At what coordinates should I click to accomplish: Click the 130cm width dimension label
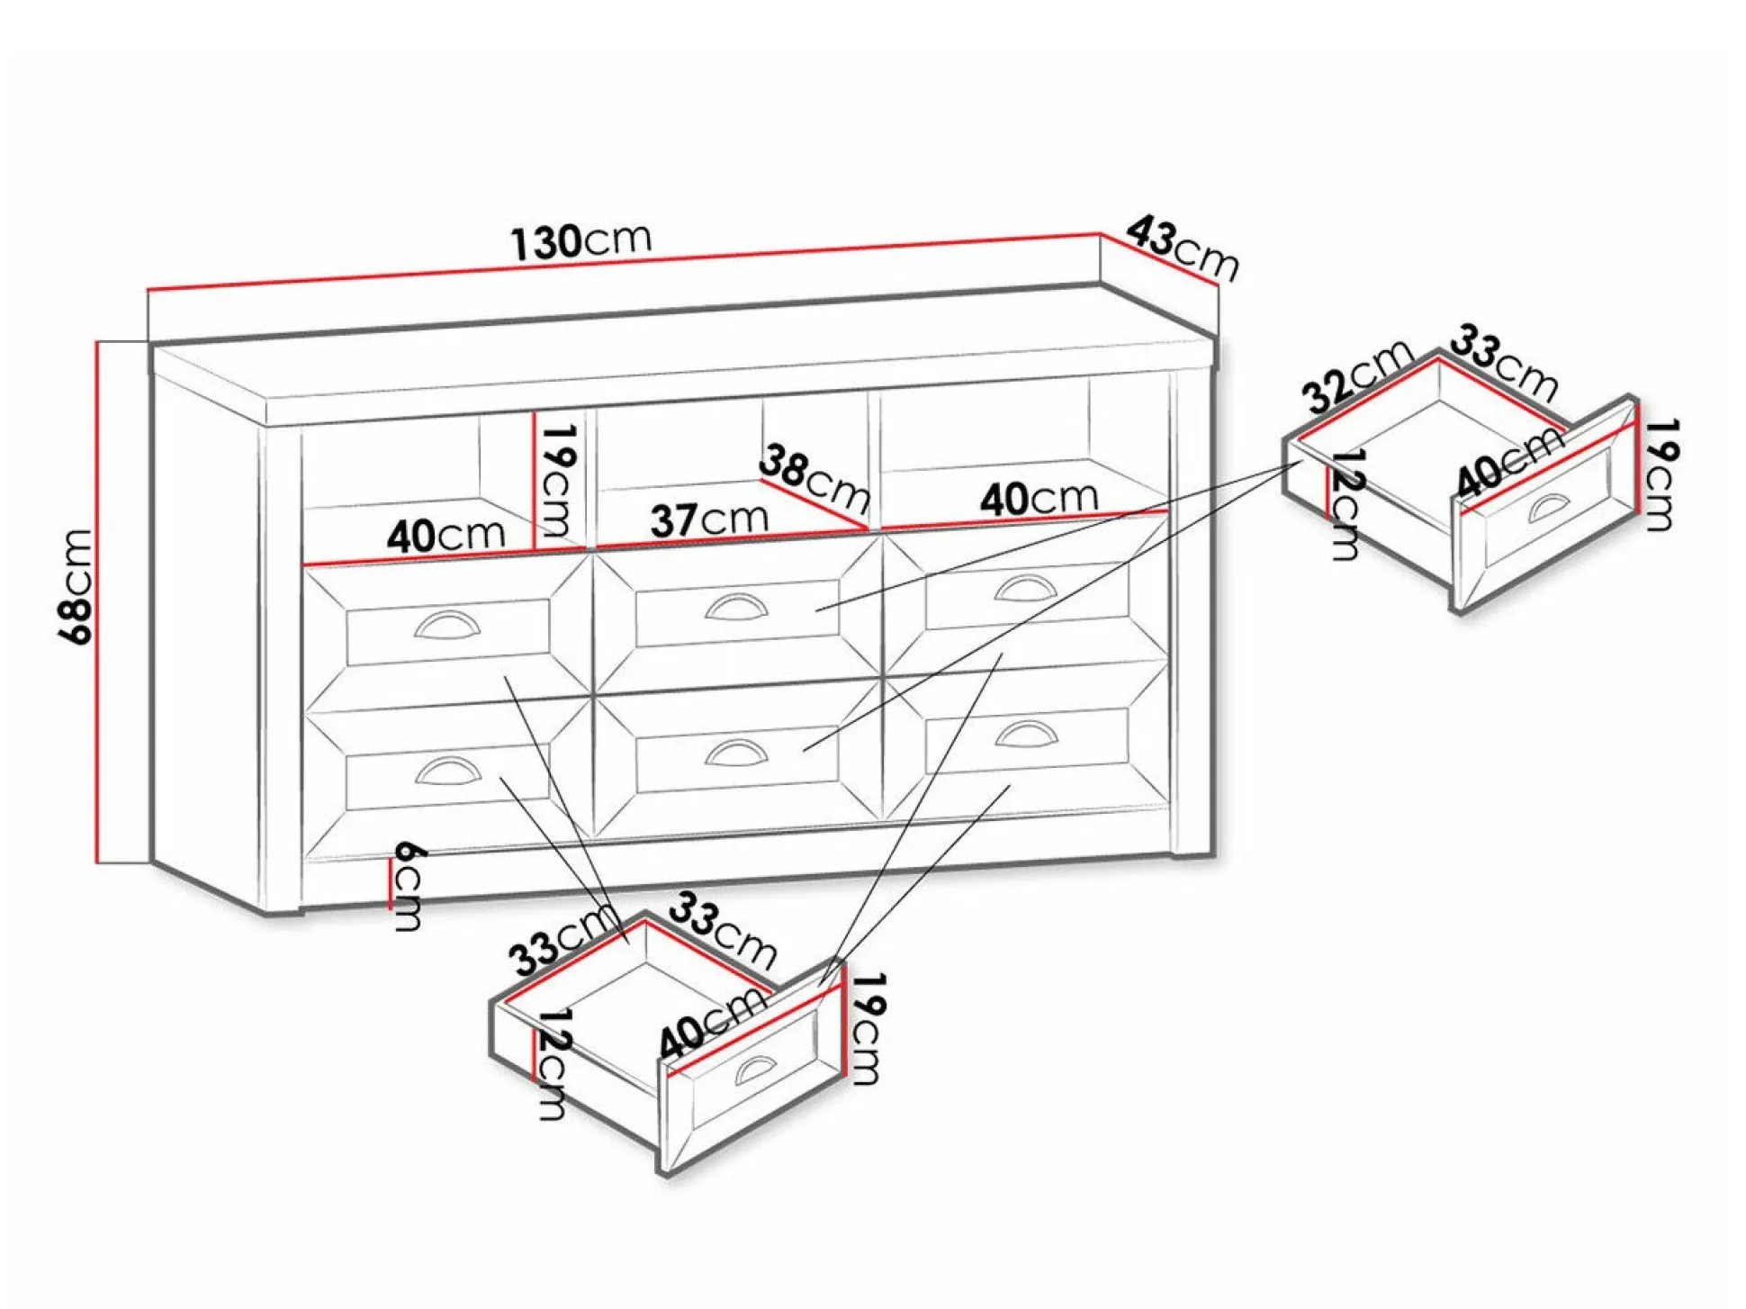pyautogui.click(x=581, y=240)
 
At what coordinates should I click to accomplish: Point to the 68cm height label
pyautogui.click(x=76, y=586)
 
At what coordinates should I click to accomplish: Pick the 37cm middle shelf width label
pyautogui.click(x=709, y=519)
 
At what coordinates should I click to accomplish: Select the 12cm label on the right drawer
pyautogui.click(x=1345, y=504)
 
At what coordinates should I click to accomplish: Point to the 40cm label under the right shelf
pyautogui.click(x=1039, y=498)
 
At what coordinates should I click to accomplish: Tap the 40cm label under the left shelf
pyautogui.click(x=446, y=535)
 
